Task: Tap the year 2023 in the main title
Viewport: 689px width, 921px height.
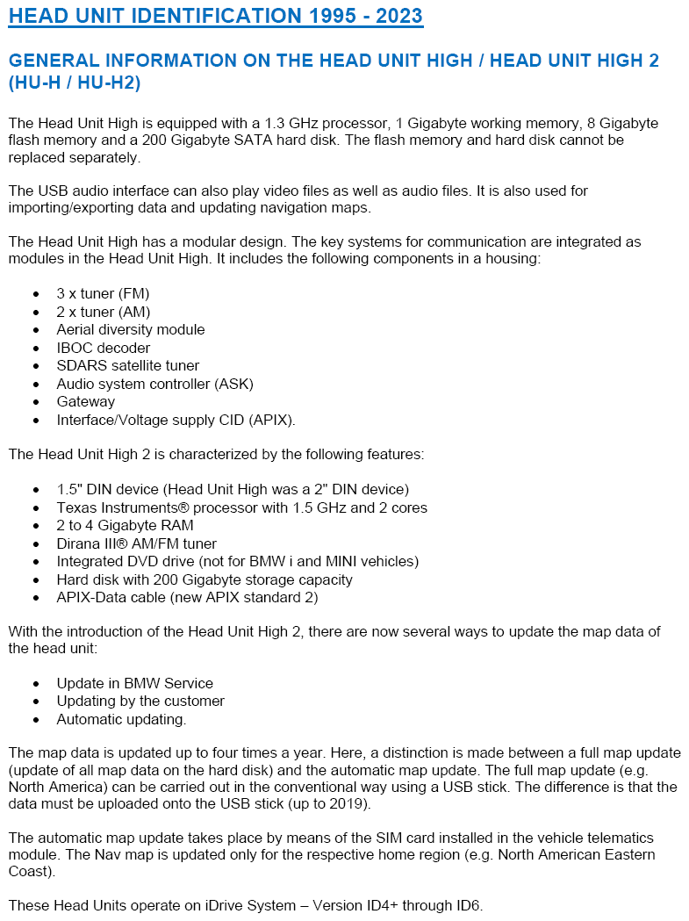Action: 394,16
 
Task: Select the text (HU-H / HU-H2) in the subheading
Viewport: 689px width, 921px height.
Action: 74,83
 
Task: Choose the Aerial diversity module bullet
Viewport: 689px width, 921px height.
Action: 131,329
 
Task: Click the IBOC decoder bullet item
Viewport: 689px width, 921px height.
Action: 104,348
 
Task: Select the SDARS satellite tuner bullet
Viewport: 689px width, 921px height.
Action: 128,365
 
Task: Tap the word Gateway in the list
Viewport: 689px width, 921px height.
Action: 86,401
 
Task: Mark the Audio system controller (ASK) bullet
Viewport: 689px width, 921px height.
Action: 142,384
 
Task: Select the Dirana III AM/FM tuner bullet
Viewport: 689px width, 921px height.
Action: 136,543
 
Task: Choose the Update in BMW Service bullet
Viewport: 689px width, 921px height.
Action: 135,683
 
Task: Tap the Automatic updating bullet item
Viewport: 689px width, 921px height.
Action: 122,719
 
